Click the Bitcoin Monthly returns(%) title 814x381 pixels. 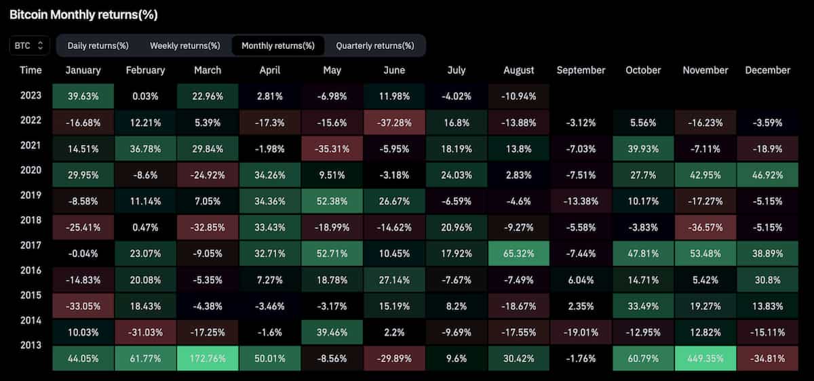(83, 14)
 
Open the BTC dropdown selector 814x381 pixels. (30, 45)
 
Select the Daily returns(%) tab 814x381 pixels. (98, 45)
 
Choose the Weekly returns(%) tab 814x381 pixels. (185, 45)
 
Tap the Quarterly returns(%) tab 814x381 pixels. (374, 45)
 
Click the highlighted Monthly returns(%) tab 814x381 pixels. (278, 45)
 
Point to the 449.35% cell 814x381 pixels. (705, 359)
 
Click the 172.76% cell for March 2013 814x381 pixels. (208, 359)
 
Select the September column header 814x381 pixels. (581, 70)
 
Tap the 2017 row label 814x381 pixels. (31, 245)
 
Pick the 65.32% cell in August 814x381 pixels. (519, 254)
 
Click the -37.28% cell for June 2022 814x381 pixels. (394, 123)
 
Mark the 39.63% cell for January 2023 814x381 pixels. (83, 96)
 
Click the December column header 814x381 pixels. (767, 70)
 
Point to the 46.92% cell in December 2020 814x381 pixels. (767, 175)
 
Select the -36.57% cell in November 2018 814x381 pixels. (705, 227)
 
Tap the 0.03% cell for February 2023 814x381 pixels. (145, 96)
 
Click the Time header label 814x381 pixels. (31, 70)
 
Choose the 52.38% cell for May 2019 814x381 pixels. (332, 201)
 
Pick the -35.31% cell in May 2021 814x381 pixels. (332, 148)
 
